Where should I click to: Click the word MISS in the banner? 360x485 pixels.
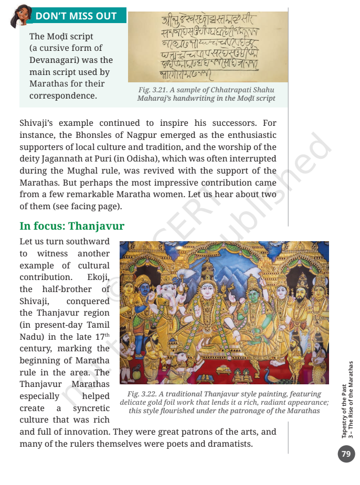pyautogui.click(x=75, y=16)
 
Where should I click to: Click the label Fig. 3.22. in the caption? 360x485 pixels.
pyautogui.click(x=143, y=394)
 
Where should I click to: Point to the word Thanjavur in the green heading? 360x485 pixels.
pyautogui.click(x=97, y=227)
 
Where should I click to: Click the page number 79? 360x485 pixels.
pyautogui.click(x=346, y=454)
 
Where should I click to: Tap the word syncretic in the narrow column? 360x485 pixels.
pyautogui.click(x=91, y=408)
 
